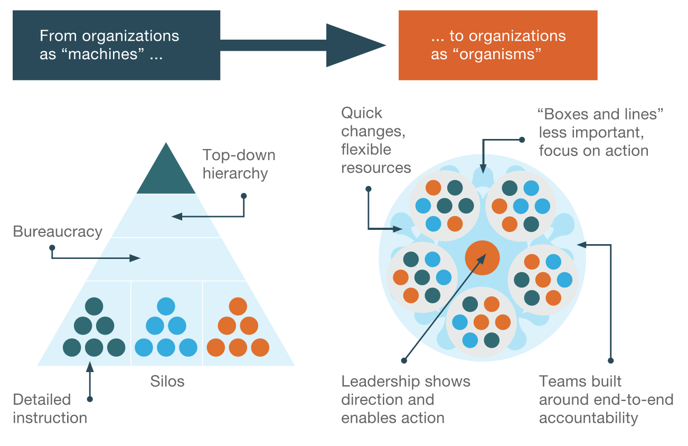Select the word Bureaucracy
click(x=58, y=231)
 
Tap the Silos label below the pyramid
click(x=167, y=381)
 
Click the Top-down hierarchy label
click(x=239, y=164)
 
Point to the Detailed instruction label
click(x=50, y=408)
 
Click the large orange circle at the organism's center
click(x=482, y=257)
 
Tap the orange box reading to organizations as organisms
click(x=497, y=45)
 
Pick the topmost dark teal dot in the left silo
click(x=94, y=307)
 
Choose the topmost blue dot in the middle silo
click(x=166, y=307)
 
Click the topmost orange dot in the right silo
click(x=238, y=307)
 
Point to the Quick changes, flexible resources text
click(x=375, y=141)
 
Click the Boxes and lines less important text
click(x=600, y=132)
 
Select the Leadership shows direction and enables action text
click(x=406, y=399)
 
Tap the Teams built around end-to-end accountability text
click(x=606, y=399)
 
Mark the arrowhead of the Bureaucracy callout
click(x=136, y=258)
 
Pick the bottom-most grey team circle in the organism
click(x=480, y=321)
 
